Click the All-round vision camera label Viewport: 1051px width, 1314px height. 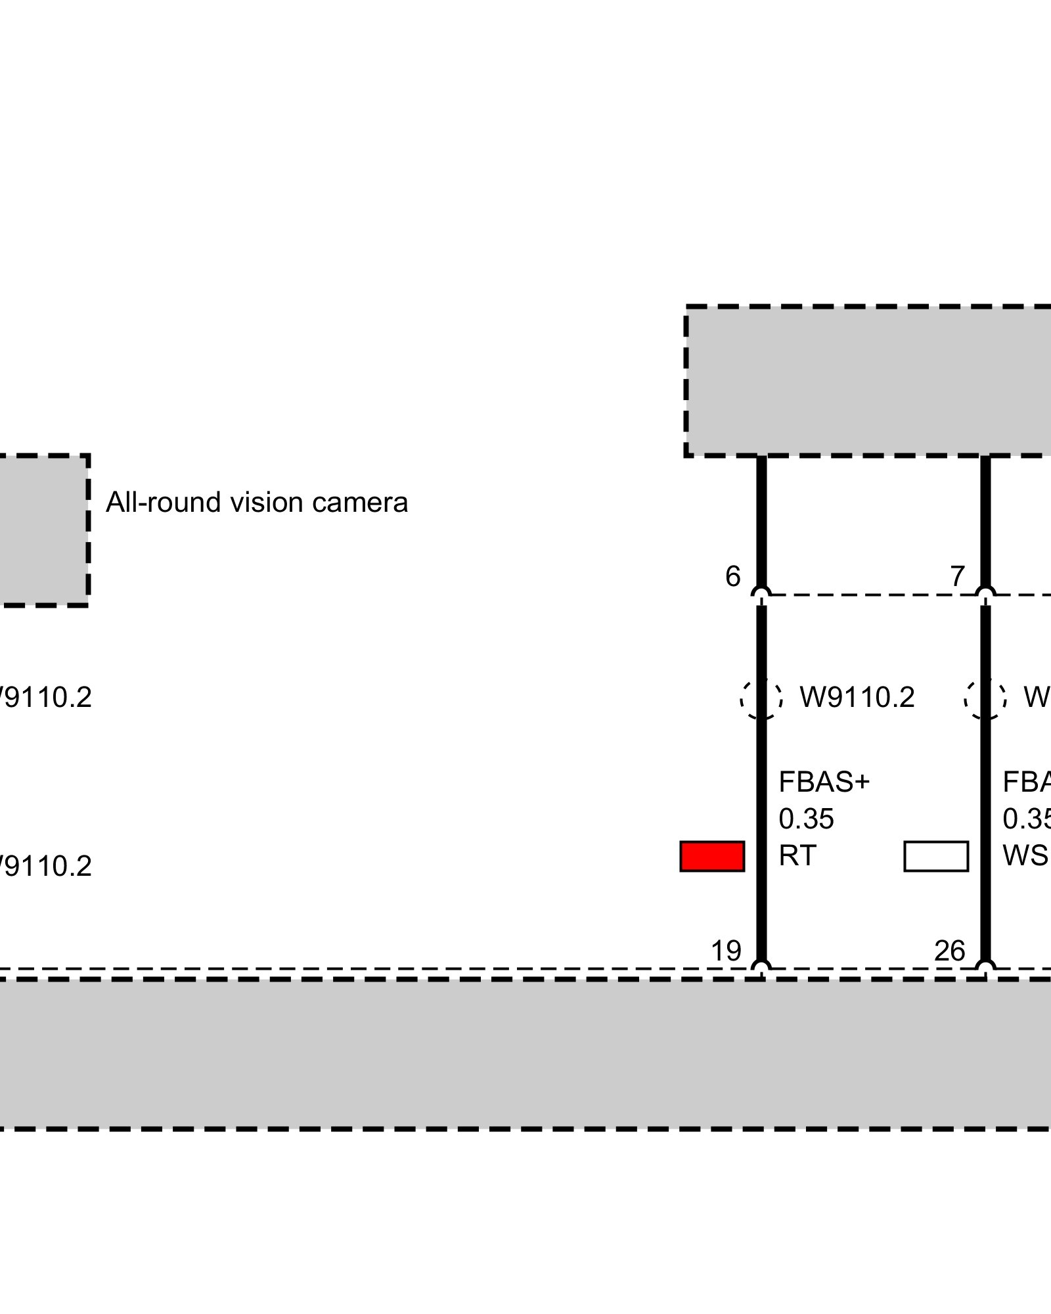(257, 503)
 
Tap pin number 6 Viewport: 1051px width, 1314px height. (732, 576)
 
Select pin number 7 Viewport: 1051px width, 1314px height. (958, 576)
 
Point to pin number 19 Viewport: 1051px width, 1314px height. (726, 951)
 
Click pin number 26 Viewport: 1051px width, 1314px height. (950, 951)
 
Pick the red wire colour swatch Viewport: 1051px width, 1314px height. (712, 856)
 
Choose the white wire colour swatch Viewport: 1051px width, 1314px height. (936, 856)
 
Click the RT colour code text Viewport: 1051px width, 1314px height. (797, 856)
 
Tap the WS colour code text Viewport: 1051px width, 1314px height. (1025, 856)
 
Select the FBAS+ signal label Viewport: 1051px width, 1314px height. (824, 782)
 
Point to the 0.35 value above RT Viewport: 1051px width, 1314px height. (806, 819)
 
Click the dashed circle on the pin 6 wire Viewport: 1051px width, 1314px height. (761, 698)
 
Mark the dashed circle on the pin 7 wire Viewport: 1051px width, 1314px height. (985, 698)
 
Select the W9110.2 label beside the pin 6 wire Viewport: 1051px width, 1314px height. (857, 698)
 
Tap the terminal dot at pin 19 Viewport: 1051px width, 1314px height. (761, 968)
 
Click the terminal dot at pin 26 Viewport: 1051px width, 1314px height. (985, 968)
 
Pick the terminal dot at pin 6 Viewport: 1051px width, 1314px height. (761, 595)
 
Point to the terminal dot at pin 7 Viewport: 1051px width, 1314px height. (985, 595)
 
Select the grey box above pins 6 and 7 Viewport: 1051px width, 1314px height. (867, 381)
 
